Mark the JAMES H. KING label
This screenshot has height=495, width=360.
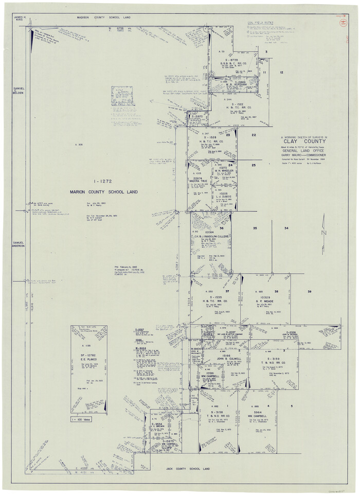pos(20,19)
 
